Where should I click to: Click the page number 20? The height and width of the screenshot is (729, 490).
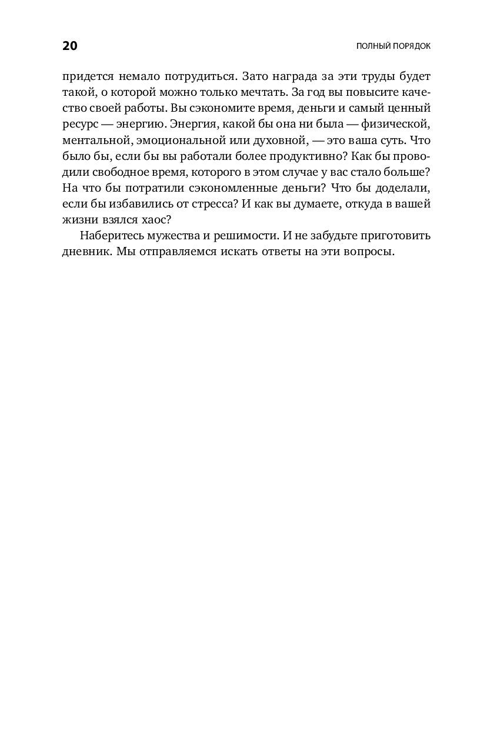[x=69, y=46]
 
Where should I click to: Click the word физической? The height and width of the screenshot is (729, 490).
[x=398, y=125]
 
